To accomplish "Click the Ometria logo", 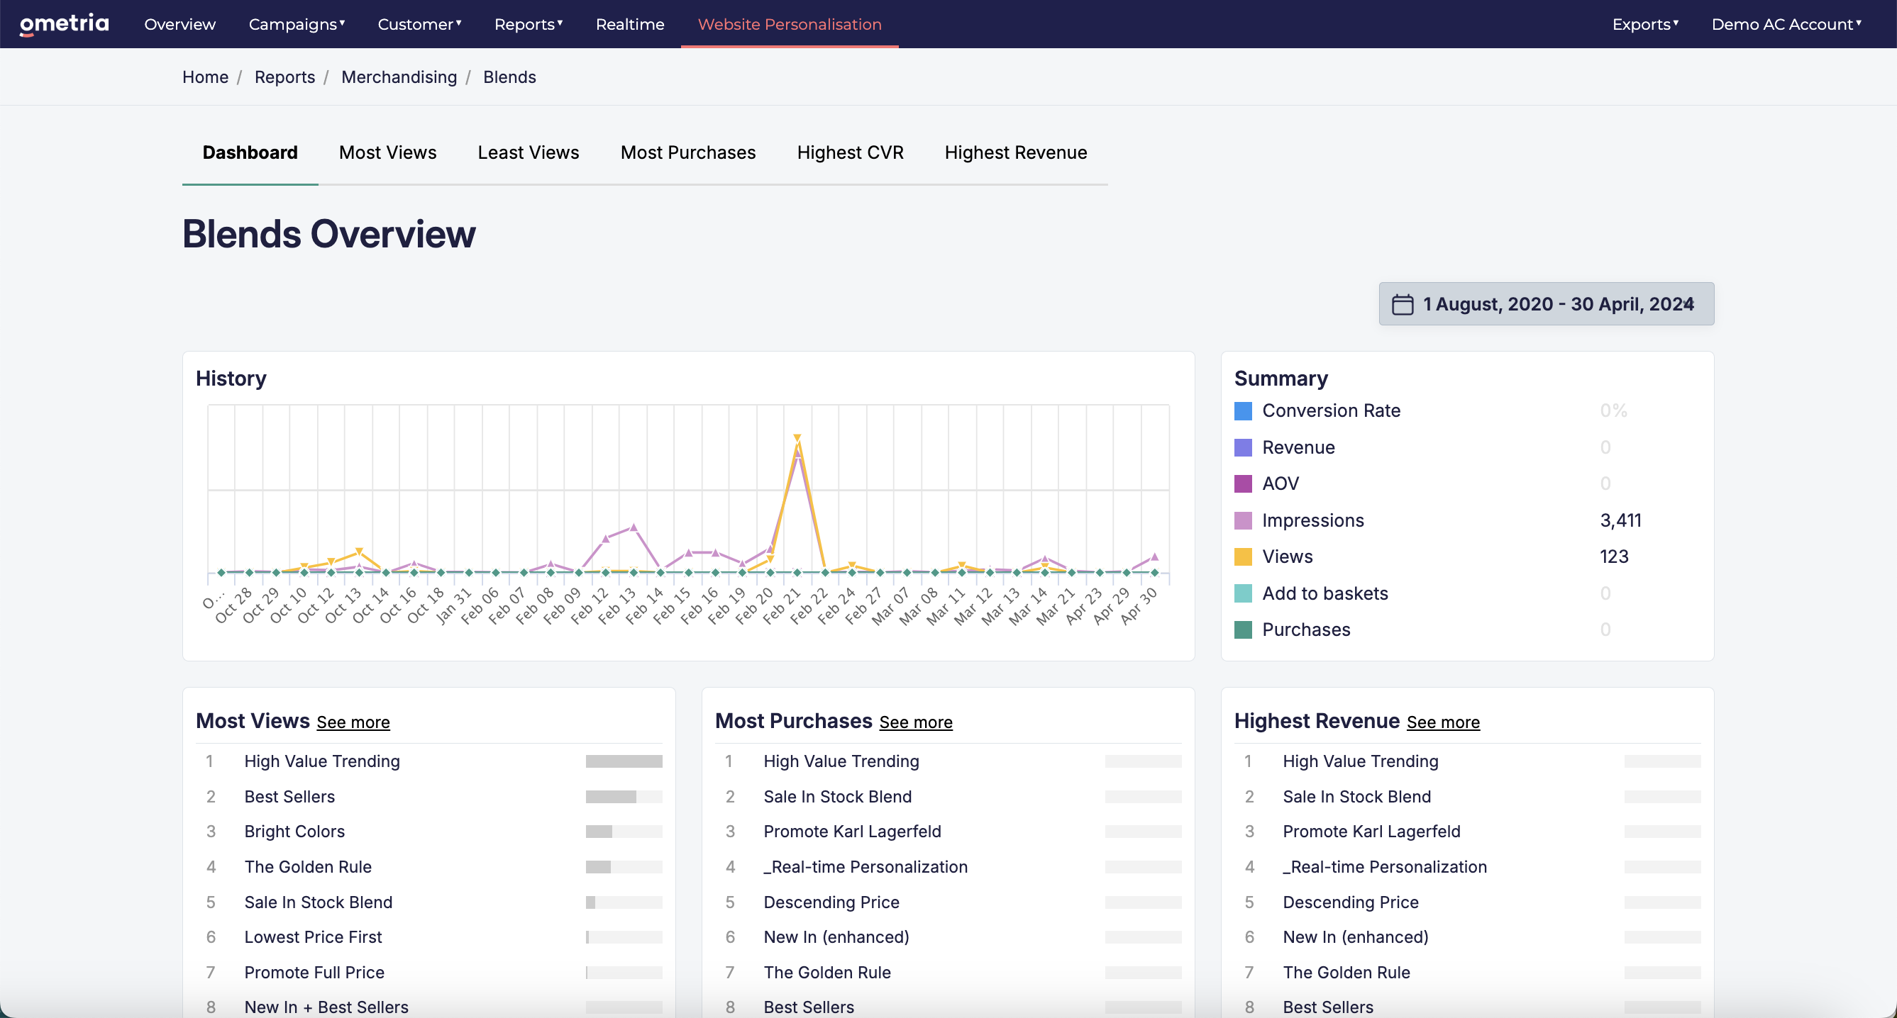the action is (x=64, y=23).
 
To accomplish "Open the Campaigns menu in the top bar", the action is (x=297, y=24).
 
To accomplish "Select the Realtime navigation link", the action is (x=630, y=24).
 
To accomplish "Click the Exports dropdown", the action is (x=1645, y=24).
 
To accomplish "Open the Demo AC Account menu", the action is (x=1786, y=24).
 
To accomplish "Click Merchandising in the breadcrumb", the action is (x=399, y=77).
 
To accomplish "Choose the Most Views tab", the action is (x=387, y=152).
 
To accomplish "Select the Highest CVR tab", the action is (x=850, y=152).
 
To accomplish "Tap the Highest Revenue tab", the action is (x=1015, y=152).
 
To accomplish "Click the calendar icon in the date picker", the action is (x=1402, y=304).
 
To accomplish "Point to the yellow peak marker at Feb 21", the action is (x=797, y=439).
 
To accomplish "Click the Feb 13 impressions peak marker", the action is (x=634, y=527).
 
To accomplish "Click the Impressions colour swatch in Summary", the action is (x=1243, y=520).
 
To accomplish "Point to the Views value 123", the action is (x=1613, y=556).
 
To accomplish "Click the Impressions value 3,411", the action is (x=1620, y=520).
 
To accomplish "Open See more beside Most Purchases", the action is (x=915, y=722).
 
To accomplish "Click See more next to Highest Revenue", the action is (x=1443, y=722).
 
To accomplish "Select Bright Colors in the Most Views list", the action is (x=294, y=831).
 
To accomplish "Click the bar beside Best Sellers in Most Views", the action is (x=624, y=796).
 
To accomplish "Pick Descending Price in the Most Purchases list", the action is (x=831, y=902).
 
